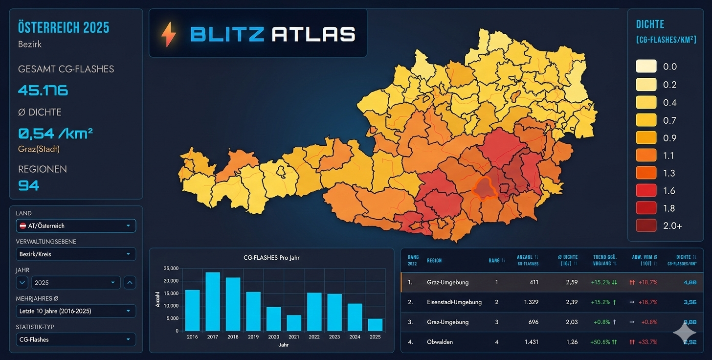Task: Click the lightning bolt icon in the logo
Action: point(169,35)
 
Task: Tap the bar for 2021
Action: point(293,323)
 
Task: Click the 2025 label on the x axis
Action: point(375,337)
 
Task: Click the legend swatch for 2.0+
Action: point(646,225)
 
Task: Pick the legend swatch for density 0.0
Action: point(646,67)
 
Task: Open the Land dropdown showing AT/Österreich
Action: point(76,225)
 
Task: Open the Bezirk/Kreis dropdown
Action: point(76,254)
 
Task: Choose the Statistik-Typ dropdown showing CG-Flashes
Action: point(76,339)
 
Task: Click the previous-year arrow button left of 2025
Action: point(22,282)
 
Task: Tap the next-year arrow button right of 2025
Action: point(130,282)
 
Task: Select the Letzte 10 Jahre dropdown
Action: point(76,311)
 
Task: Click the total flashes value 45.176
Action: point(43,90)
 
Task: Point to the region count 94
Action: point(28,185)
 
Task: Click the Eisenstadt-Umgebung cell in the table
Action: point(454,302)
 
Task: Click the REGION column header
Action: point(434,260)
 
